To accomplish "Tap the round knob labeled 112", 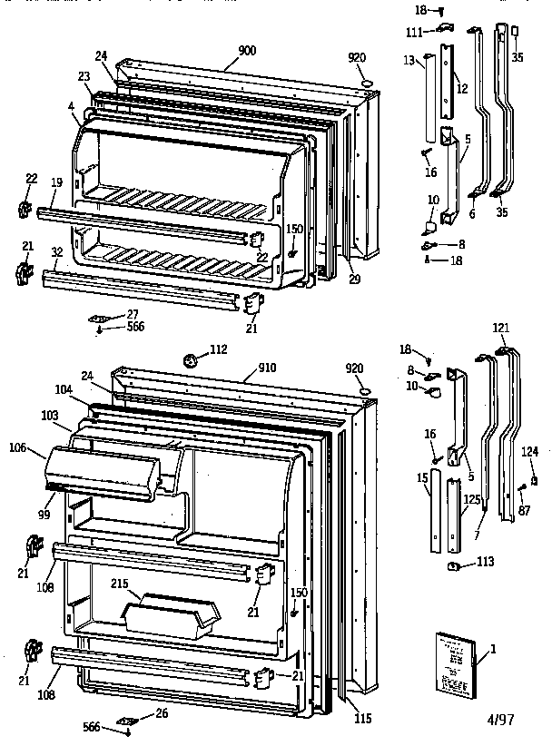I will pos(191,359).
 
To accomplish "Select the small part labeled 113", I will pos(451,568).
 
